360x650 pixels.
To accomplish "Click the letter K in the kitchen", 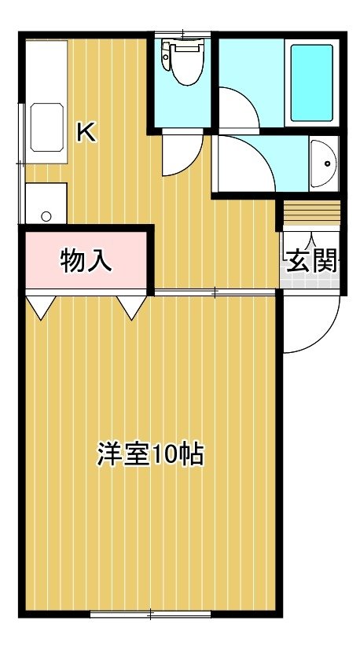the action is point(87,133).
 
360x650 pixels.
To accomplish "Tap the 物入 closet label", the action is point(86,261).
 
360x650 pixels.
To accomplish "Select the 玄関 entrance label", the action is point(312,261).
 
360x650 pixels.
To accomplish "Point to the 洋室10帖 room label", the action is point(151,455).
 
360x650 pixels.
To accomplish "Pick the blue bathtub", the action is point(311,83).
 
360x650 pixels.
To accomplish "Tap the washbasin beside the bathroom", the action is point(325,163).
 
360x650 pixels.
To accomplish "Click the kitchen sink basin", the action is point(46,127).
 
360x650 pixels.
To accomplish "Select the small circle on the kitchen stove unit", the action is point(46,216).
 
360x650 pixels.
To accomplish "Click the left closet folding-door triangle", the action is point(41,307).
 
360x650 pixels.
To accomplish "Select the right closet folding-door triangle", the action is point(131,307).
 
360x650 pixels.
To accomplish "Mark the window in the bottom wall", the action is point(151,615).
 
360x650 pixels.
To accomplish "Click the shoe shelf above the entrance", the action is point(311,214).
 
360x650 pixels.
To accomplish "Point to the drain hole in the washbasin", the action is point(328,163).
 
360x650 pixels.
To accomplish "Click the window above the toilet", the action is point(182,35).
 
